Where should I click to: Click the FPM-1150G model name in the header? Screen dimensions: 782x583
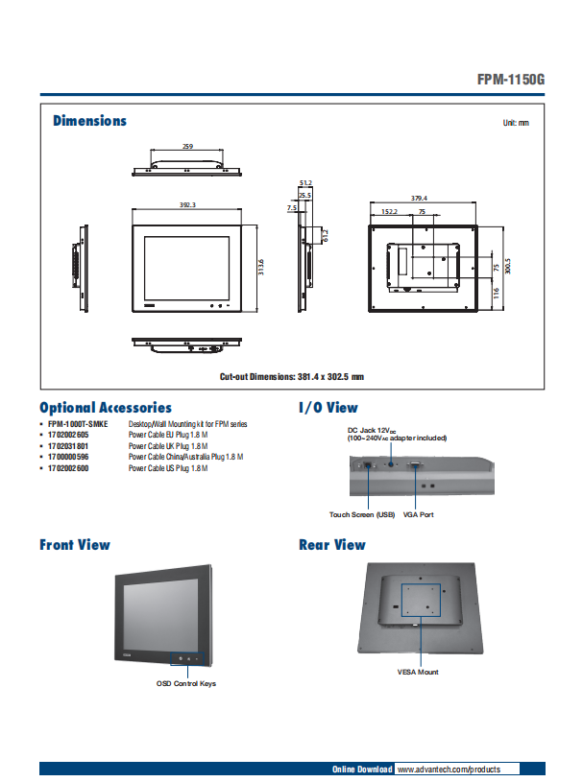510,81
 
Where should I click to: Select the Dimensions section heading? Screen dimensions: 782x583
89,121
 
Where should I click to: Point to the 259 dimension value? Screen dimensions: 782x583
187,147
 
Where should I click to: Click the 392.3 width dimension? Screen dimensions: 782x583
187,205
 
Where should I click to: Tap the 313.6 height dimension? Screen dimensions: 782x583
261,268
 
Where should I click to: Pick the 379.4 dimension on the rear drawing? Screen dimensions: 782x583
419,198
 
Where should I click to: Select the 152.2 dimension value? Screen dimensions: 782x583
390,211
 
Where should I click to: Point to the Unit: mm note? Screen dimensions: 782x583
516,124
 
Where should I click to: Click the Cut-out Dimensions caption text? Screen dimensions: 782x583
292,377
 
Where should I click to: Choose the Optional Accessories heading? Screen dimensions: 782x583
106,408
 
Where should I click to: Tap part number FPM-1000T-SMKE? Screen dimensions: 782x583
78,423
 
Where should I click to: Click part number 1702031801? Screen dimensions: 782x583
68,446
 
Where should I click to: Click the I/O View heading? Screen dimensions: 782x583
328,408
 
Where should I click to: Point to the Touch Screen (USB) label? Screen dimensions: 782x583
362,515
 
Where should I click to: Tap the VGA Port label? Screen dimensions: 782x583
419,515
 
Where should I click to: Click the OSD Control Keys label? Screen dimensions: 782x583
186,683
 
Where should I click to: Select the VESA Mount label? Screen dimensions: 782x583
418,672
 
